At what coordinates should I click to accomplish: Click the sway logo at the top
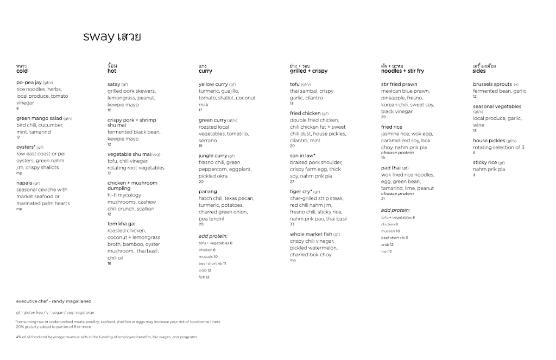point(112,37)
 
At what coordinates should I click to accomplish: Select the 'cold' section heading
point(22,71)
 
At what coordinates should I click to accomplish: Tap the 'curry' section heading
point(205,71)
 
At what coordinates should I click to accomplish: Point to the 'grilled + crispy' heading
point(308,71)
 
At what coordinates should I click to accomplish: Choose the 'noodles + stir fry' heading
point(402,71)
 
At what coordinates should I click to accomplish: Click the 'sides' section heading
point(479,71)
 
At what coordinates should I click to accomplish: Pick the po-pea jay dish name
point(29,83)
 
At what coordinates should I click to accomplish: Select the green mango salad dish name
point(39,118)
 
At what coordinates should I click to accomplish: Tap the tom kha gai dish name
point(121,224)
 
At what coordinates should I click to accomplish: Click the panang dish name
point(207,192)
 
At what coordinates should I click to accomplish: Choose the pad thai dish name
point(391,168)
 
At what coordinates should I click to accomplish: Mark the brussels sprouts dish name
point(492,85)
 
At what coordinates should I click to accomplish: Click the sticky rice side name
point(485,162)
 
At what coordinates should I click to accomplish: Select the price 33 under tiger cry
point(292,224)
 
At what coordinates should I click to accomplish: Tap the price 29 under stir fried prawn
point(383,117)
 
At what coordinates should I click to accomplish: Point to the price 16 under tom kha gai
point(109,264)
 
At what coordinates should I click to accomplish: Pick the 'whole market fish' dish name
point(311,235)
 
